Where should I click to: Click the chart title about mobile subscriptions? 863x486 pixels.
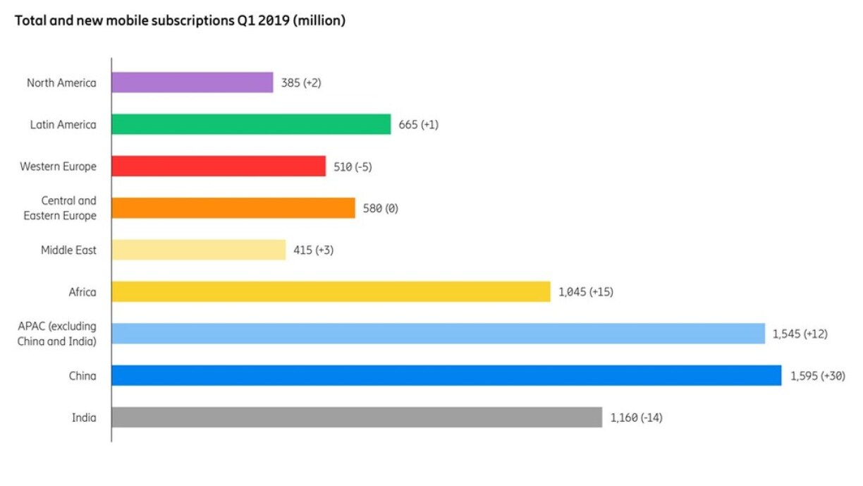pos(180,21)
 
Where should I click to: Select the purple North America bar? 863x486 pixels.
pos(192,83)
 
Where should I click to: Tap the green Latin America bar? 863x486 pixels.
pos(250,124)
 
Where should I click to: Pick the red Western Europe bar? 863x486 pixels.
pos(218,166)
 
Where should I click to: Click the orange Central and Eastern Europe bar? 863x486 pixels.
pos(233,208)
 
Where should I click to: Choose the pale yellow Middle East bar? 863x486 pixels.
pos(198,250)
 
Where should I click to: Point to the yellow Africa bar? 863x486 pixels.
pos(330,291)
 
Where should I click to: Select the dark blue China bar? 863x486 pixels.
pos(446,375)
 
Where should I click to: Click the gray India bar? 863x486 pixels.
pos(356,417)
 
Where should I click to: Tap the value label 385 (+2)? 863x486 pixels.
pos(302,83)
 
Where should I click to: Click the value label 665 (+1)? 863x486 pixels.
pos(418,125)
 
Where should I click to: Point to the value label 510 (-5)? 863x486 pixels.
pos(353,166)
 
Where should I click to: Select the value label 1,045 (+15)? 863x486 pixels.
pos(585,292)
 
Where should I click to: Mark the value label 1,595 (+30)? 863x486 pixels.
pos(816,376)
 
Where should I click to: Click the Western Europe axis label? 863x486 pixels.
pos(58,166)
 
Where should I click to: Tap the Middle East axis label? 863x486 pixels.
pos(68,250)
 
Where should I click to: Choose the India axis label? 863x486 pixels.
pos(84,418)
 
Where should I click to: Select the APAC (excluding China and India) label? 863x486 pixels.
pos(57,334)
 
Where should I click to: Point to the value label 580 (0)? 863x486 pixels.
pos(380,209)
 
